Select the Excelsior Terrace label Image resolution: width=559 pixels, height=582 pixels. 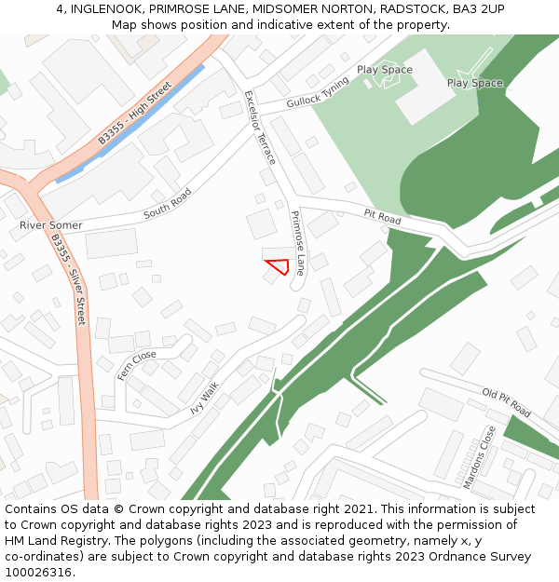(x=260, y=128)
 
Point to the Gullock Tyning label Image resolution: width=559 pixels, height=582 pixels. (x=318, y=92)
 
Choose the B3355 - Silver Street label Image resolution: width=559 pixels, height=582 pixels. (x=68, y=278)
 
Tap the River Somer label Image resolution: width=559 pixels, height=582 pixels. (x=50, y=225)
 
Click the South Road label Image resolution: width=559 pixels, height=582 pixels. (x=168, y=205)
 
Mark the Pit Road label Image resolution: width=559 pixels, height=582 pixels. (x=382, y=218)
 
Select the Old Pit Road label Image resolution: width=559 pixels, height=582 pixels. (x=506, y=402)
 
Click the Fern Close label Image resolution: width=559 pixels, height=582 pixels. (x=137, y=365)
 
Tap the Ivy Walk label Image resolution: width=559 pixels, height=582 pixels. (x=204, y=397)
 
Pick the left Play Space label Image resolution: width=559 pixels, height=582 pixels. (x=384, y=70)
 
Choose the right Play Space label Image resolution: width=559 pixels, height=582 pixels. (x=474, y=83)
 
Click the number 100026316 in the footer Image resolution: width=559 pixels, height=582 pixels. (x=38, y=573)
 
